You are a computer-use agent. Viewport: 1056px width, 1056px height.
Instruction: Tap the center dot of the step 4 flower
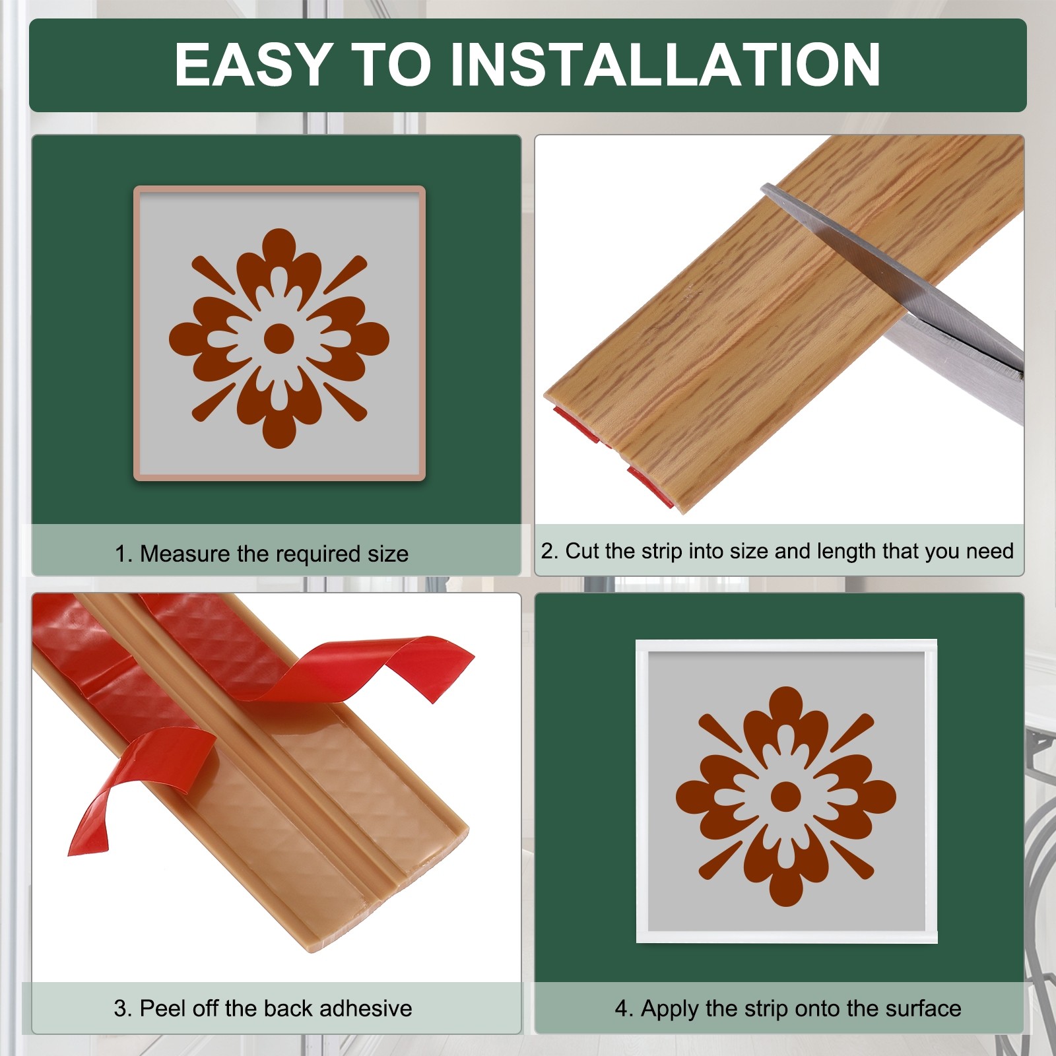coord(785,796)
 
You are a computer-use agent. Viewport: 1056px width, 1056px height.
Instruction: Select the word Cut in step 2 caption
coord(581,551)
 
